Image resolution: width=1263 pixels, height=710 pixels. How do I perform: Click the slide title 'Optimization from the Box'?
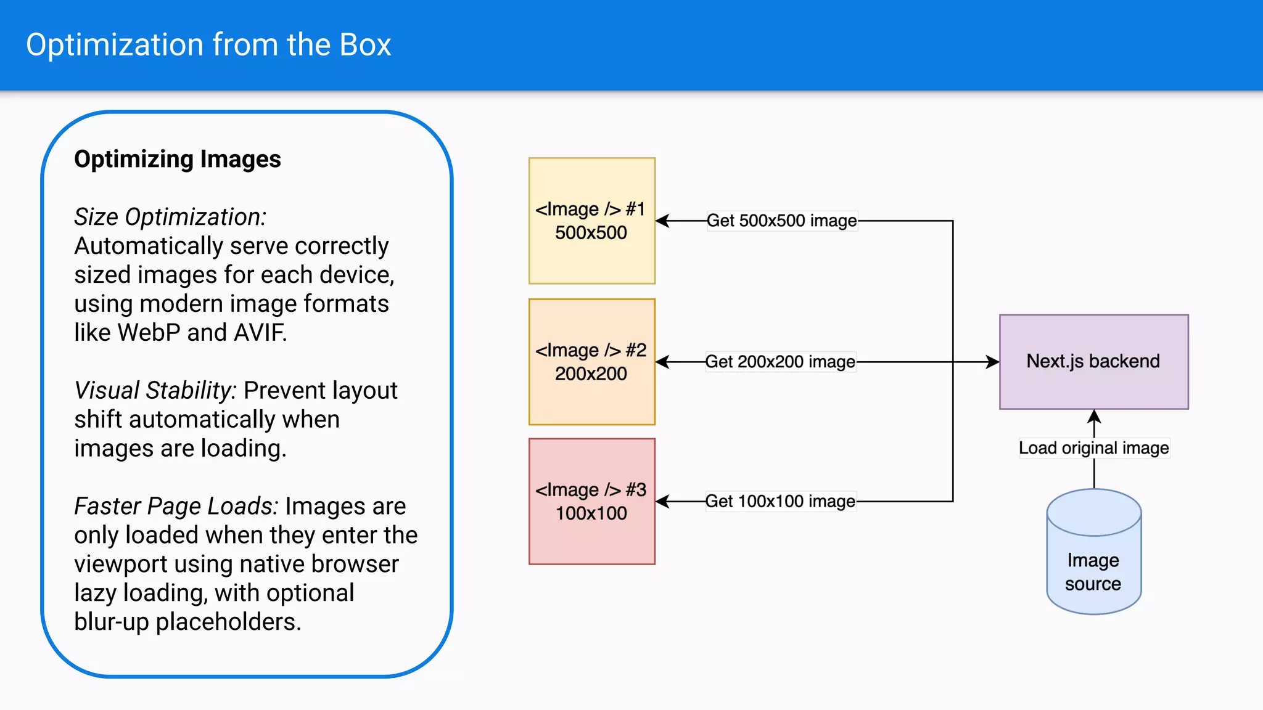coord(208,45)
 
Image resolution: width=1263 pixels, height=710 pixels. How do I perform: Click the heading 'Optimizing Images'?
coord(178,159)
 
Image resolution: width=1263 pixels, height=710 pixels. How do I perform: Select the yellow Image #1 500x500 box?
coord(591,221)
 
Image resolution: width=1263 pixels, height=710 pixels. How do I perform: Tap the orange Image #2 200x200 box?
coord(591,362)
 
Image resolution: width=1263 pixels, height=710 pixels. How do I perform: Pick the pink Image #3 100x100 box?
coord(591,502)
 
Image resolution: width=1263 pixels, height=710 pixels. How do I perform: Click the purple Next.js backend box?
coord(1093,362)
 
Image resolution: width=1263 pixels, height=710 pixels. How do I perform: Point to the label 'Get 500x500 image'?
coord(781,221)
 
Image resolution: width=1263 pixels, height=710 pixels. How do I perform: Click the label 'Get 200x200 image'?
coord(780,362)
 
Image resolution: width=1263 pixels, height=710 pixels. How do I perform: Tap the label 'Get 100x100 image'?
coord(780,502)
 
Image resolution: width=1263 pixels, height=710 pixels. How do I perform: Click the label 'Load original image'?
coord(1093,448)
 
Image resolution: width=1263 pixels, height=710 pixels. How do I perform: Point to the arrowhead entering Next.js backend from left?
coord(992,362)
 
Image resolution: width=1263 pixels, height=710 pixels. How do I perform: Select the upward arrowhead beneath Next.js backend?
coord(1094,417)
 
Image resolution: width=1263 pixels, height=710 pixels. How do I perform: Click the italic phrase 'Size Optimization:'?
coord(170,217)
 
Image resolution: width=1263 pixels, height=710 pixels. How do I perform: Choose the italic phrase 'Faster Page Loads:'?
coord(176,506)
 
